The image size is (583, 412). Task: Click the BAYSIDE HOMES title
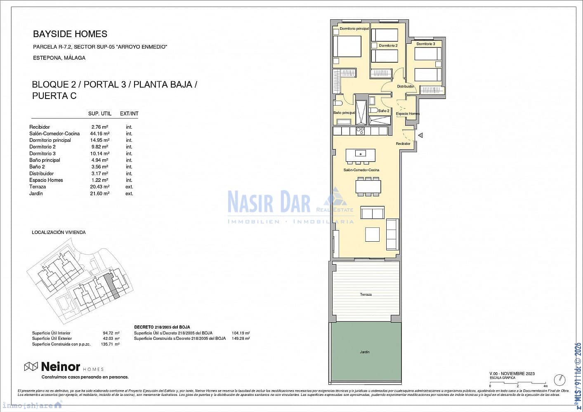(x=70, y=34)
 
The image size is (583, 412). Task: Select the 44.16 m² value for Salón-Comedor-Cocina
(x=99, y=134)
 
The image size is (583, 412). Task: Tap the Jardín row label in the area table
(x=36, y=193)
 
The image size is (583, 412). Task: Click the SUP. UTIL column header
(x=100, y=114)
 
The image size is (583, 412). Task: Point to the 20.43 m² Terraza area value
(x=99, y=187)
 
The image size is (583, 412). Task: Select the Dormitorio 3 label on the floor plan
(x=425, y=44)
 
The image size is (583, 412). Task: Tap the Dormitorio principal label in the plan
(x=354, y=29)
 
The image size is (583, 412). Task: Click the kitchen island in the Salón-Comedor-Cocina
(x=361, y=155)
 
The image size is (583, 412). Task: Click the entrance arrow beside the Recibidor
(x=420, y=135)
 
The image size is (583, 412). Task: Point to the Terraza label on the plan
(x=366, y=294)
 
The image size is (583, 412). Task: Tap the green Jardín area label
(x=364, y=352)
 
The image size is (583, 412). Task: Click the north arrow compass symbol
(x=559, y=379)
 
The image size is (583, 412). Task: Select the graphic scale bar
(x=517, y=383)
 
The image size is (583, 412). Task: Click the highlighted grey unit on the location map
(x=112, y=285)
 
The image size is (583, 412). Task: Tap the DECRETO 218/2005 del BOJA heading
(x=162, y=327)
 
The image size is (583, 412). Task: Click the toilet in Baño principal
(x=338, y=103)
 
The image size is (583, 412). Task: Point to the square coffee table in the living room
(x=372, y=234)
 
